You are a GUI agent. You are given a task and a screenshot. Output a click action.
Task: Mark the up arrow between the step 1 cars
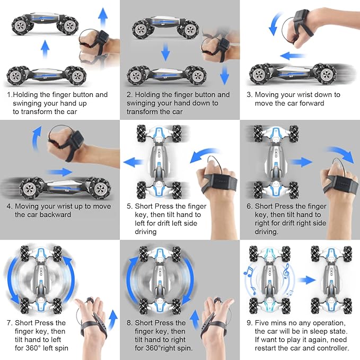pos(46,50)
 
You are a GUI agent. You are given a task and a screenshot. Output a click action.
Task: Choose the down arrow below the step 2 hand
pos(225,75)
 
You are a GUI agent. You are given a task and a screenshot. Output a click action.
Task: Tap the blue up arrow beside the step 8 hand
pos(194,319)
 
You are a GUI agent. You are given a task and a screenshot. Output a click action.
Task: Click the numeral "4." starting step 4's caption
pos(9,206)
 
